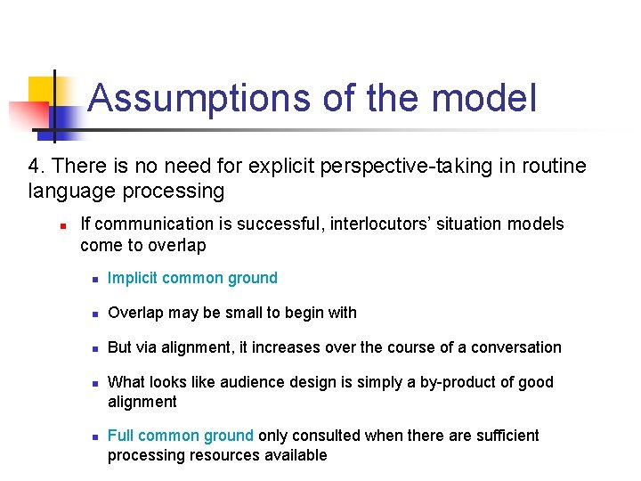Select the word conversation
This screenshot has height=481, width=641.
click(x=517, y=347)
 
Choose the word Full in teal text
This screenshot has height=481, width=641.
click(x=120, y=436)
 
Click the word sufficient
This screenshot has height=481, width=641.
click(x=506, y=436)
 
